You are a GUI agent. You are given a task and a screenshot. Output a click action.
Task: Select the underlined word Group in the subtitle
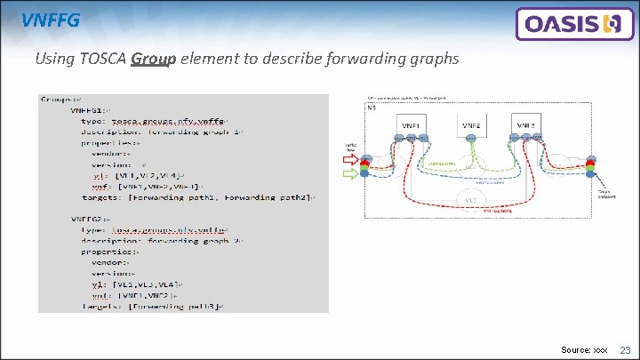pos(153,60)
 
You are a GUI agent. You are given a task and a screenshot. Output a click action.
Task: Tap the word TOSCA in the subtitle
pos(105,60)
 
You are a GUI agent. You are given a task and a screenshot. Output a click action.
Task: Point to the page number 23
pos(625,351)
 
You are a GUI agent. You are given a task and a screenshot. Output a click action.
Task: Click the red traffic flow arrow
pos(350,161)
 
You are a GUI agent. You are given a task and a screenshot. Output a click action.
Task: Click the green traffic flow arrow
pos(350,173)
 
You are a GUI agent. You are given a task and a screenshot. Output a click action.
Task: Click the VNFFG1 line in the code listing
pos(92,110)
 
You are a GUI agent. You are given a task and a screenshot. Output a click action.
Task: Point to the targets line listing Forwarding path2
pos(204,197)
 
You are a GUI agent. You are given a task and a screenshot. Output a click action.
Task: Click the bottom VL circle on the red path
pos(470,200)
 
